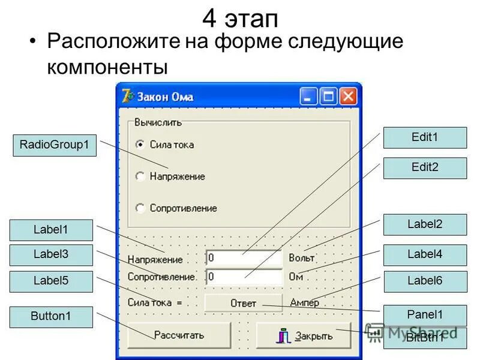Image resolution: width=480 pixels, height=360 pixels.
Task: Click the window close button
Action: pos(349,97)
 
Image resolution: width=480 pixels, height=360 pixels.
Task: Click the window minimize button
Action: pos(309,97)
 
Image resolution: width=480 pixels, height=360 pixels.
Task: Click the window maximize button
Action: pos(329,97)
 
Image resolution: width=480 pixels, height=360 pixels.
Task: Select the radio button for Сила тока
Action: pos(140,145)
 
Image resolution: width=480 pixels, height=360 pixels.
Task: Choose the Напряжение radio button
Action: pos(140,176)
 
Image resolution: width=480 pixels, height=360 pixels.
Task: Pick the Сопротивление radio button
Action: pos(140,208)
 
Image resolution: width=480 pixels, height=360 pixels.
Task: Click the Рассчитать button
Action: pos(179,335)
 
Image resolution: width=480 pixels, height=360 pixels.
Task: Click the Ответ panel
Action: pos(243,303)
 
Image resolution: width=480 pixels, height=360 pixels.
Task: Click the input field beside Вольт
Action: pos(243,259)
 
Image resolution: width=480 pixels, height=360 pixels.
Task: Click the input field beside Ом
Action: pos(243,277)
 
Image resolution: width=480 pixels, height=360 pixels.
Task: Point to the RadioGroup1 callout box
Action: pos(54,145)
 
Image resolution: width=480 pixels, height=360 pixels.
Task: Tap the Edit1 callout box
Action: pos(425,137)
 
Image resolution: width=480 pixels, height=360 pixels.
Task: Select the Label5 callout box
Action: pos(51,281)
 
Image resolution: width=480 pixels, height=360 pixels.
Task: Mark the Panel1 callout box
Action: pos(425,315)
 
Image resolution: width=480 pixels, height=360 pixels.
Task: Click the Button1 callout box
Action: pos(51,317)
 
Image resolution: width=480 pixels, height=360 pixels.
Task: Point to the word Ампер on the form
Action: pos(304,303)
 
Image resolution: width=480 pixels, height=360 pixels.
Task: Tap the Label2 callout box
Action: pos(425,224)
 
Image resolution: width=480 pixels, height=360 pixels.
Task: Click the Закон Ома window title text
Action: pos(166,97)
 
